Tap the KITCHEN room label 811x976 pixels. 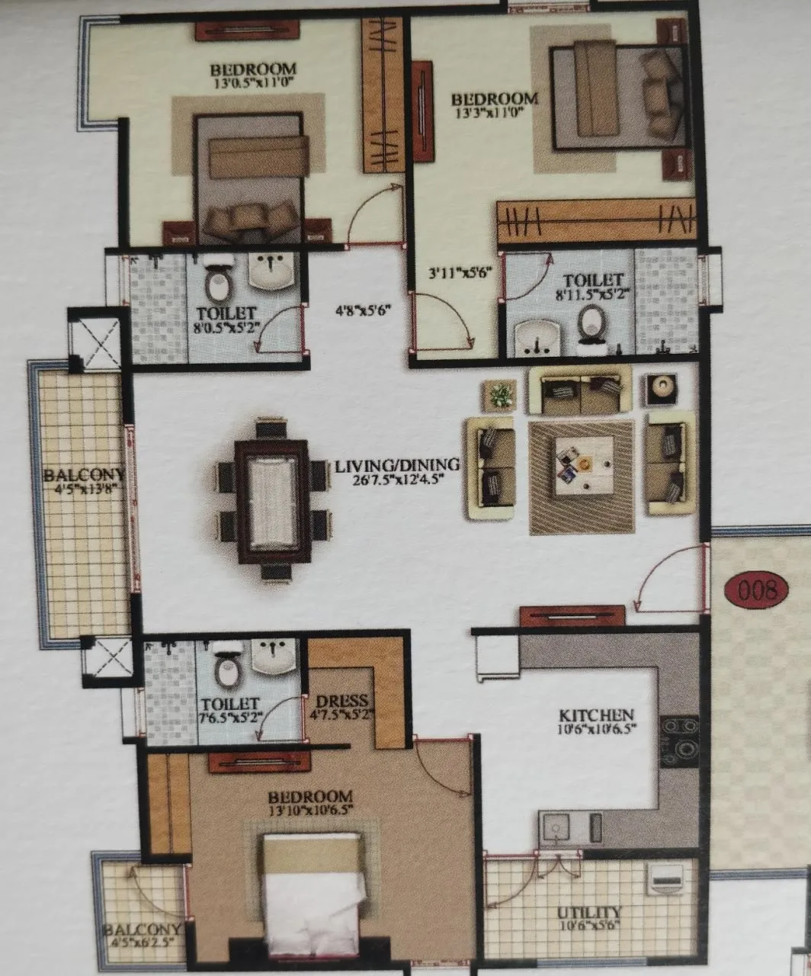click(x=596, y=715)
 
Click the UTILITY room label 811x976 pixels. click(x=588, y=913)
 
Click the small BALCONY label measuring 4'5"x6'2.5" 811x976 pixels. click(x=142, y=930)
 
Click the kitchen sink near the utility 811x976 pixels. click(x=555, y=828)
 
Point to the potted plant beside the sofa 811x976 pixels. click(x=501, y=395)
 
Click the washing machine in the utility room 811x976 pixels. click(x=667, y=879)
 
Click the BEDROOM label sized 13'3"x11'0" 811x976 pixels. click(x=495, y=99)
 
